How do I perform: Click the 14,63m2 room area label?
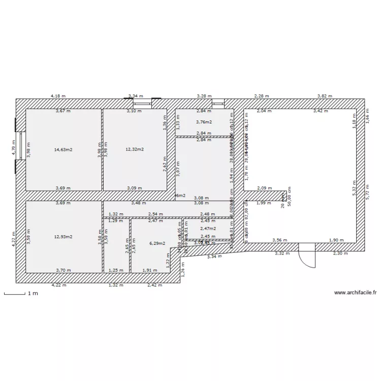point(63,149)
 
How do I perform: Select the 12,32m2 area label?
point(135,149)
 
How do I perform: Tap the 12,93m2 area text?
point(63,237)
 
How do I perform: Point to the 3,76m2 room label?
point(204,122)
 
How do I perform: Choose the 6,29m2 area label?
point(157,243)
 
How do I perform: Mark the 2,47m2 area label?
point(208,229)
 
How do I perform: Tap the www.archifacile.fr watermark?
point(355,293)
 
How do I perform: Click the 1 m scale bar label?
point(33,294)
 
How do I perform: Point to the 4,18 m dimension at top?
point(58,96)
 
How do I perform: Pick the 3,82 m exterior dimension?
point(324,96)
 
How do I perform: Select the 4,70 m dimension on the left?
point(14,146)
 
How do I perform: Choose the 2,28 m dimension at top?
point(262,96)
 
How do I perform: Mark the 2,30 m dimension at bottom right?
point(340,253)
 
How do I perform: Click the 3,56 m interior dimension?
point(280,240)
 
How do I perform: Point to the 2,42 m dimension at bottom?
point(155,285)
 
